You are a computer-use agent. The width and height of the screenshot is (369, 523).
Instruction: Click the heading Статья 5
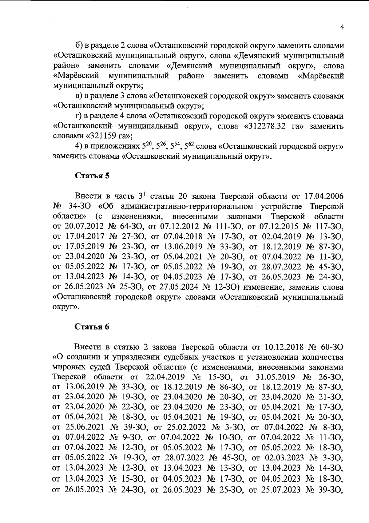pyautogui.click(x=92, y=176)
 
